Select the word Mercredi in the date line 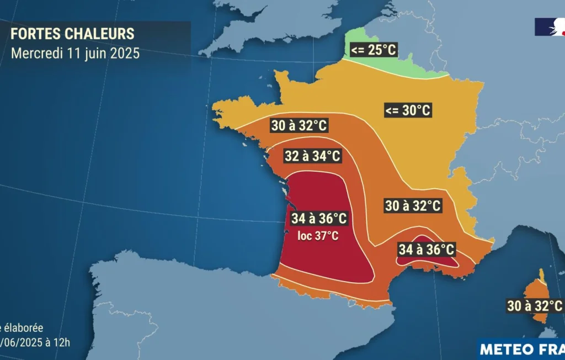[x=35, y=54]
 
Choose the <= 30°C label [x=408, y=110]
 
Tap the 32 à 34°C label [x=312, y=156]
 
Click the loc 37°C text [x=314, y=236]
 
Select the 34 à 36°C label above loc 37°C [x=319, y=219]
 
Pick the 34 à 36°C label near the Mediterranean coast [x=426, y=250]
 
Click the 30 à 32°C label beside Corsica [x=535, y=305]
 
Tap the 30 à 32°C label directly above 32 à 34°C [x=299, y=125]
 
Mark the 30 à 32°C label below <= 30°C [x=413, y=206]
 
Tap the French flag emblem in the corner [x=549, y=27]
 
